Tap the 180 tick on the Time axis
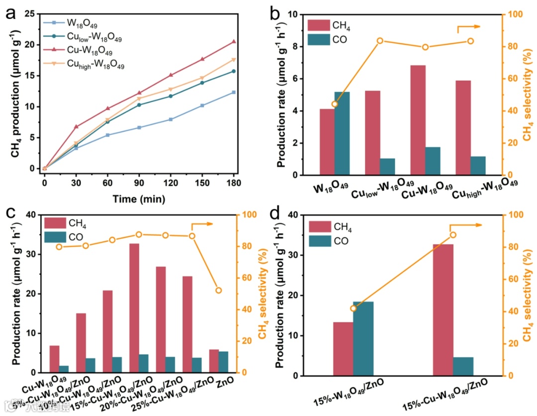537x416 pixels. click(234, 183)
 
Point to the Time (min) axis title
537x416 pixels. click(139, 199)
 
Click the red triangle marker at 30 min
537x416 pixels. click(76, 126)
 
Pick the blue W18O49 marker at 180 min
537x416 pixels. click(234, 92)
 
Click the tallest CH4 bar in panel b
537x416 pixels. click(418, 120)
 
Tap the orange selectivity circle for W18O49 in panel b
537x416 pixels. click(335, 104)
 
